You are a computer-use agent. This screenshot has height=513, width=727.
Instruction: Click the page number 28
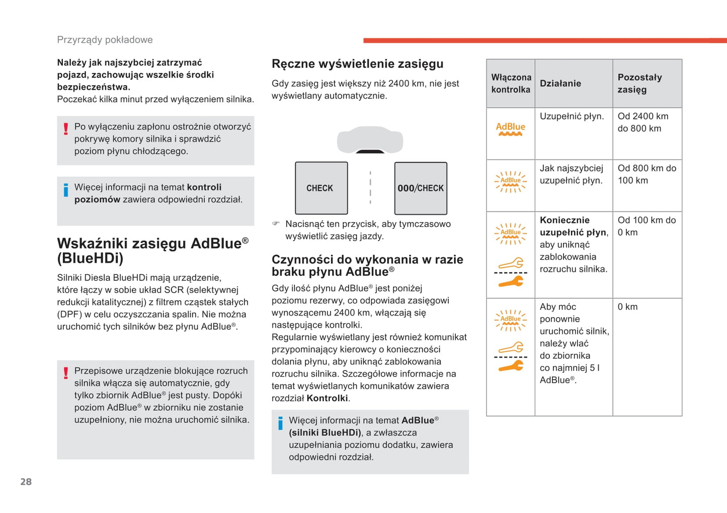(x=26, y=482)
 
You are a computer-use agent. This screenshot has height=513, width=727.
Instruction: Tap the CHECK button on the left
(x=321, y=188)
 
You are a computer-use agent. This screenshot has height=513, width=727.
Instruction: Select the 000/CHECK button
(x=421, y=188)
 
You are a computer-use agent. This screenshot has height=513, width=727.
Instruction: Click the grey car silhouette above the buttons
(x=370, y=139)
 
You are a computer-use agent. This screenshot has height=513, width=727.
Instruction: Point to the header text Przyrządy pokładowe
(x=105, y=40)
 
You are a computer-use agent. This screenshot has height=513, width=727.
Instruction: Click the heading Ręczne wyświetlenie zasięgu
(x=357, y=64)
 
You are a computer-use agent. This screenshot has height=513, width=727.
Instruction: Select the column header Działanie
(x=560, y=84)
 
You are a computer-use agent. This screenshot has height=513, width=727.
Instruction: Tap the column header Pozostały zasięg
(x=639, y=84)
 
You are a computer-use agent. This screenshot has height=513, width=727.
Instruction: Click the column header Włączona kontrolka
(x=511, y=84)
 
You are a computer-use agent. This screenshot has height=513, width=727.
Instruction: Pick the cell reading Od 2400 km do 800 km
(x=643, y=122)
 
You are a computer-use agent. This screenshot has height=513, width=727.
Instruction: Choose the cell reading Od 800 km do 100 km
(x=647, y=174)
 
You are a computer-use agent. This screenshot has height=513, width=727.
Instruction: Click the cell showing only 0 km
(x=627, y=307)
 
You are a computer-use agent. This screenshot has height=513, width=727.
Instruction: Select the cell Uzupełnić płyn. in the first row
(x=572, y=116)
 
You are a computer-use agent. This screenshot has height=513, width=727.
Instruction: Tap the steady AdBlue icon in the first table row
(x=510, y=129)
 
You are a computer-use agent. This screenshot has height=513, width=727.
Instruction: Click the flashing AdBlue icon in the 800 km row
(x=510, y=181)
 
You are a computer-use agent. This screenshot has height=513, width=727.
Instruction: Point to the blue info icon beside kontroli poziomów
(x=66, y=190)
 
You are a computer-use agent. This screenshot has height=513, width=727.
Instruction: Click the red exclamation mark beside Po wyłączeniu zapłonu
(x=66, y=129)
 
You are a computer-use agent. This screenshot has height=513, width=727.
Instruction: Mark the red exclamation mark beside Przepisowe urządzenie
(x=66, y=373)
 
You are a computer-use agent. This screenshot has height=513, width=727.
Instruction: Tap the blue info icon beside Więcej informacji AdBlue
(x=280, y=423)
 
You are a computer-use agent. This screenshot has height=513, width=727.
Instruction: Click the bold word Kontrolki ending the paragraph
(x=327, y=398)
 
